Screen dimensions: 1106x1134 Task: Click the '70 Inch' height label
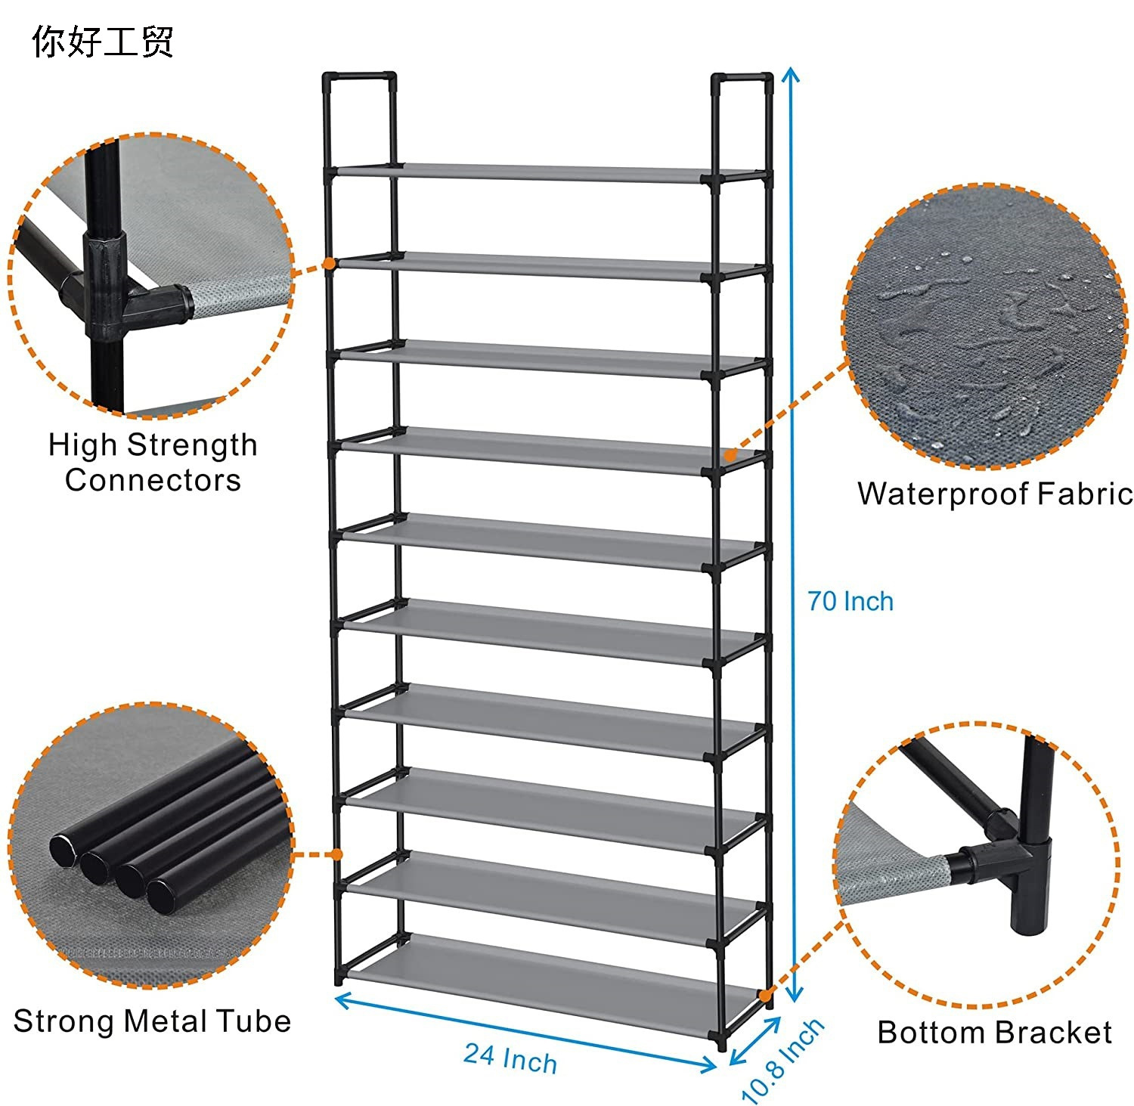[850, 602]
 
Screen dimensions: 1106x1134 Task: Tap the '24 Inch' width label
[510, 1058]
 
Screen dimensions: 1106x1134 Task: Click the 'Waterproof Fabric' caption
[995, 494]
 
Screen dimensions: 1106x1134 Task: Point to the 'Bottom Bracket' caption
[994, 1033]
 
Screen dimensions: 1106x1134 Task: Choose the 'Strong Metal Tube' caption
[152, 1021]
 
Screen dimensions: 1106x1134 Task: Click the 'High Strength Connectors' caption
[153, 462]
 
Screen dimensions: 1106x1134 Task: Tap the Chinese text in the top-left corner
[103, 42]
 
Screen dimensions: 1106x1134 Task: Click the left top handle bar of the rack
[359, 76]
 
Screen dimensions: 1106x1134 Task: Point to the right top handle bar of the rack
[742, 77]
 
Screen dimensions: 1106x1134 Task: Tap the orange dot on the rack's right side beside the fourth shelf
[730, 455]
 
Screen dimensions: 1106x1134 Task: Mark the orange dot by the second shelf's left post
[330, 263]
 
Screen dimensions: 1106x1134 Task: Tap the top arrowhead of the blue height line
[791, 74]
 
